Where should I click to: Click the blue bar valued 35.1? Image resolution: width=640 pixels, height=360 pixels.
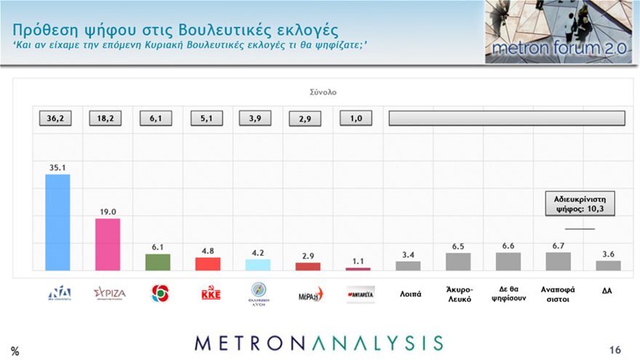pyautogui.click(x=57, y=223)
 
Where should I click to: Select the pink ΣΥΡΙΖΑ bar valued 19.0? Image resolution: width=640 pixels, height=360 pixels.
pyautogui.click(x=108, y=244)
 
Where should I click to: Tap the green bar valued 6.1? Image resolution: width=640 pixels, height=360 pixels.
pyautogui.click(x=158, y=262)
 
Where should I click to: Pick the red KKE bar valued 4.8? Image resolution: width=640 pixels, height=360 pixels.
pyautogui.click(x=208, y=264)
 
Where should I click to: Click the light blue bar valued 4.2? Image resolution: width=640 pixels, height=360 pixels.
pyautogui.click(x=257, y=265)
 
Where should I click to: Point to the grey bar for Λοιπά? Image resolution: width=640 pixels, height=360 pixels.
pyautogui.click(x=408, y=266)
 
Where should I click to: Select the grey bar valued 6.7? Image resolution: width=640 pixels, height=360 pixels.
pyautogui.click(x=558, y=261)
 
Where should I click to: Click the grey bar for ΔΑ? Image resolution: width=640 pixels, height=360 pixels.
pyautogui.click(x=608, y=265)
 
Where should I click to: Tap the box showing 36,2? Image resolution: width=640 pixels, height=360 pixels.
pyautogui.click(x=55, y=119)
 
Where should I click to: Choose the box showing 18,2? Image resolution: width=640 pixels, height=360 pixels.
pyautogui.click(x=105, y=119)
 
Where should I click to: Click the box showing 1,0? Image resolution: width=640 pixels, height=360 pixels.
pyautogui.click(x=356, y=119)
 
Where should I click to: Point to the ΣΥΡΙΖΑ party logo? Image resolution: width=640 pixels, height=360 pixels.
pyautogui.click(x=109, y=293)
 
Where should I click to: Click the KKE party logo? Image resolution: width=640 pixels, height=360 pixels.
pyautogui.click(x=210, y=294)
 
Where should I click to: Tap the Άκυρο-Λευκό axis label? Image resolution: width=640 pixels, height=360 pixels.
pyautogui.click(x=459, y=294)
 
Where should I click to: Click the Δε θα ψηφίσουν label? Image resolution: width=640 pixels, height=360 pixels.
pyautogui.click(x=508, y=294)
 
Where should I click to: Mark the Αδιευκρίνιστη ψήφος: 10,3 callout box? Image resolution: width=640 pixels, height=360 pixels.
pyautogui.click(x=580, y=204)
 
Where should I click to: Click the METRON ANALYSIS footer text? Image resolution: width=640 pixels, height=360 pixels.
pyautogui.click(x=319, y=343)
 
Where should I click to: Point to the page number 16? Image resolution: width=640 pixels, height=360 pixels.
pyautogui.click(x=615, y=348)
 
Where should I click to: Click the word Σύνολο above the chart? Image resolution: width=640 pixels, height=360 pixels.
pyautogui.click(x=322, y=92)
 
